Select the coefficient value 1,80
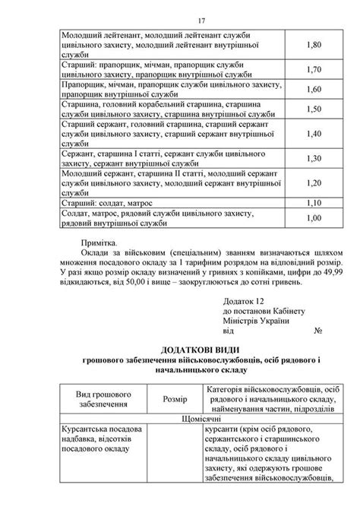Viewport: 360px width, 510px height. point(314,45)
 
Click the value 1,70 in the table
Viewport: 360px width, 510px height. point(314,69)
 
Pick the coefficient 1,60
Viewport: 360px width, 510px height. point(314,89)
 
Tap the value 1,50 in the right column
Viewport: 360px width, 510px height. point(314,109)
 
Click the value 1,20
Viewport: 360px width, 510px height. point(314,182)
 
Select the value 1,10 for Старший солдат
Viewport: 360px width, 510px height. point(314,203)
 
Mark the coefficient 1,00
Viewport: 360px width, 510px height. point(314,217)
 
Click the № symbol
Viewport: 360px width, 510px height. point(319,331)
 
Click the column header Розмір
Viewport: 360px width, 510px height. point(175,398)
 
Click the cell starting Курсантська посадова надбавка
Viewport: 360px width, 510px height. point(100,439)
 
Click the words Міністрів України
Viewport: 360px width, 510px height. point(256,321)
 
